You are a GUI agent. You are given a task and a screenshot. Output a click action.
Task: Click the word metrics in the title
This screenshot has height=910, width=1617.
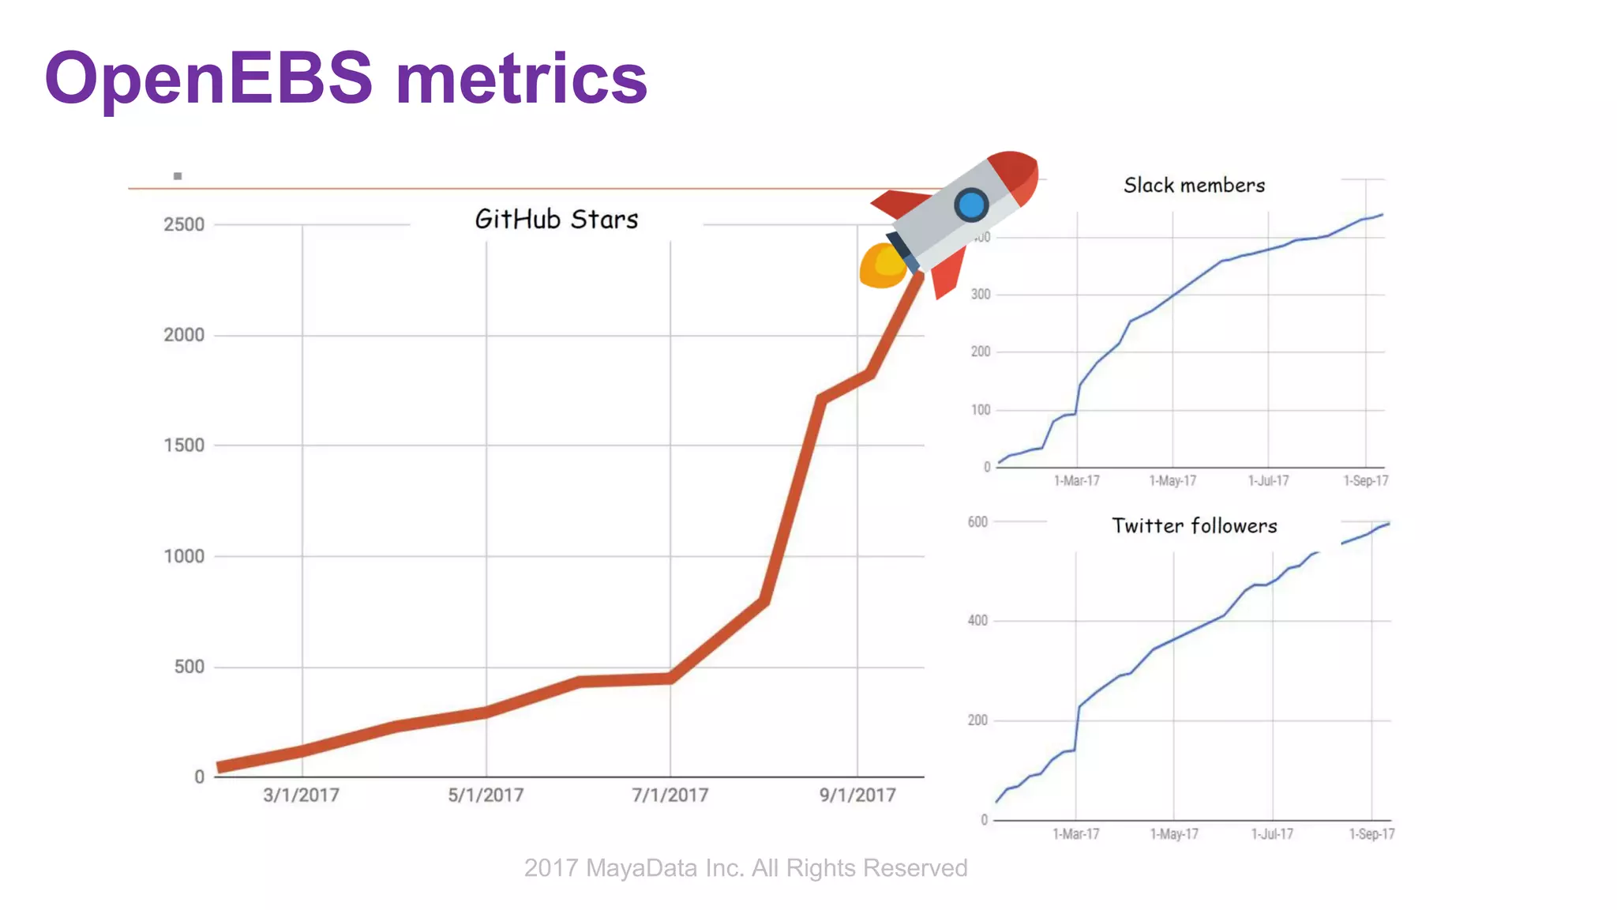[521, 79]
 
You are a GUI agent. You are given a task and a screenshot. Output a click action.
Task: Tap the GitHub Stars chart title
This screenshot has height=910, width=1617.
[556, 219]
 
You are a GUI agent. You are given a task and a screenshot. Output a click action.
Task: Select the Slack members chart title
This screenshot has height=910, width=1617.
[1194, 186]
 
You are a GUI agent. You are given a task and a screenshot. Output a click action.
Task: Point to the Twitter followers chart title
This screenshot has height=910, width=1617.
[1194, 526]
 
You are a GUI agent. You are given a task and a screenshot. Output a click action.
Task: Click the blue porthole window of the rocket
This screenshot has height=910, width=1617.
[971, 205]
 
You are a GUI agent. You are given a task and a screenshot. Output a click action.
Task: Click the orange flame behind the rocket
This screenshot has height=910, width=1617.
[881, 265]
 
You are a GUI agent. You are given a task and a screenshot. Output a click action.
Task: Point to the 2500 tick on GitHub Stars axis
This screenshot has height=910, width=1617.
[184, 224]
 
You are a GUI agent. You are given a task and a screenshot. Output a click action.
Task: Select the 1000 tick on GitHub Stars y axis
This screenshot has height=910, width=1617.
[184, 556]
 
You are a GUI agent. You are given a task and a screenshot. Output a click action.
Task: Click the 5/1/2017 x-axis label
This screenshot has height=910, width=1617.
[486, 795]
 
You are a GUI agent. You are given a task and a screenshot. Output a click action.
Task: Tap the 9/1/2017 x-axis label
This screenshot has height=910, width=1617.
[857, 795]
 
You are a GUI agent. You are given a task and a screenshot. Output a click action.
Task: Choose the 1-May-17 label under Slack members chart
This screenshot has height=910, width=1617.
[1172, 481]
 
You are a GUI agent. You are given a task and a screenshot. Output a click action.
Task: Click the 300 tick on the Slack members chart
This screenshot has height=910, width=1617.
[981, 295]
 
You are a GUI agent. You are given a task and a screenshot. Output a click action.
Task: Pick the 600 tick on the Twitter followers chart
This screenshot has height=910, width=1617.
[977, 522]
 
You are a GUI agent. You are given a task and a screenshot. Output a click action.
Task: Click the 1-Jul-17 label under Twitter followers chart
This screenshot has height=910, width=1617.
[1272, 834]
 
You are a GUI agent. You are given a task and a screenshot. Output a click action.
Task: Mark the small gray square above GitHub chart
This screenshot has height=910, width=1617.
[178, 176]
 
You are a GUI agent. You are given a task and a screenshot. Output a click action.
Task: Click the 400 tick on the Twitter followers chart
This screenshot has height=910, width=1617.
[977, 621]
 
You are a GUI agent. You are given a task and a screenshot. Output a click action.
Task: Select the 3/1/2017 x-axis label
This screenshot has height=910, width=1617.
[301, 795]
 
